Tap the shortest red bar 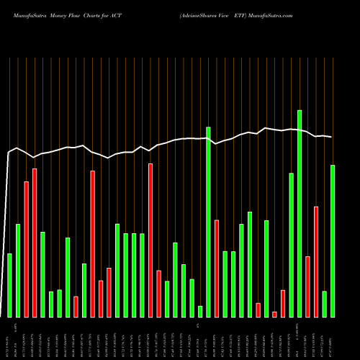(x=274, y=314)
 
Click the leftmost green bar (x=9, y=285)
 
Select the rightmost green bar (x=333, y=240)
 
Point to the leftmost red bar (x=27, y=249)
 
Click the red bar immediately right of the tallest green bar (x=307, y=287)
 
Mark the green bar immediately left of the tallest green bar (x=292, y=245)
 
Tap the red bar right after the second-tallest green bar (x=217, y=268)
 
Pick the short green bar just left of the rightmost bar (x=324, y=304)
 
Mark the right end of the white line (x=332, y=137)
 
